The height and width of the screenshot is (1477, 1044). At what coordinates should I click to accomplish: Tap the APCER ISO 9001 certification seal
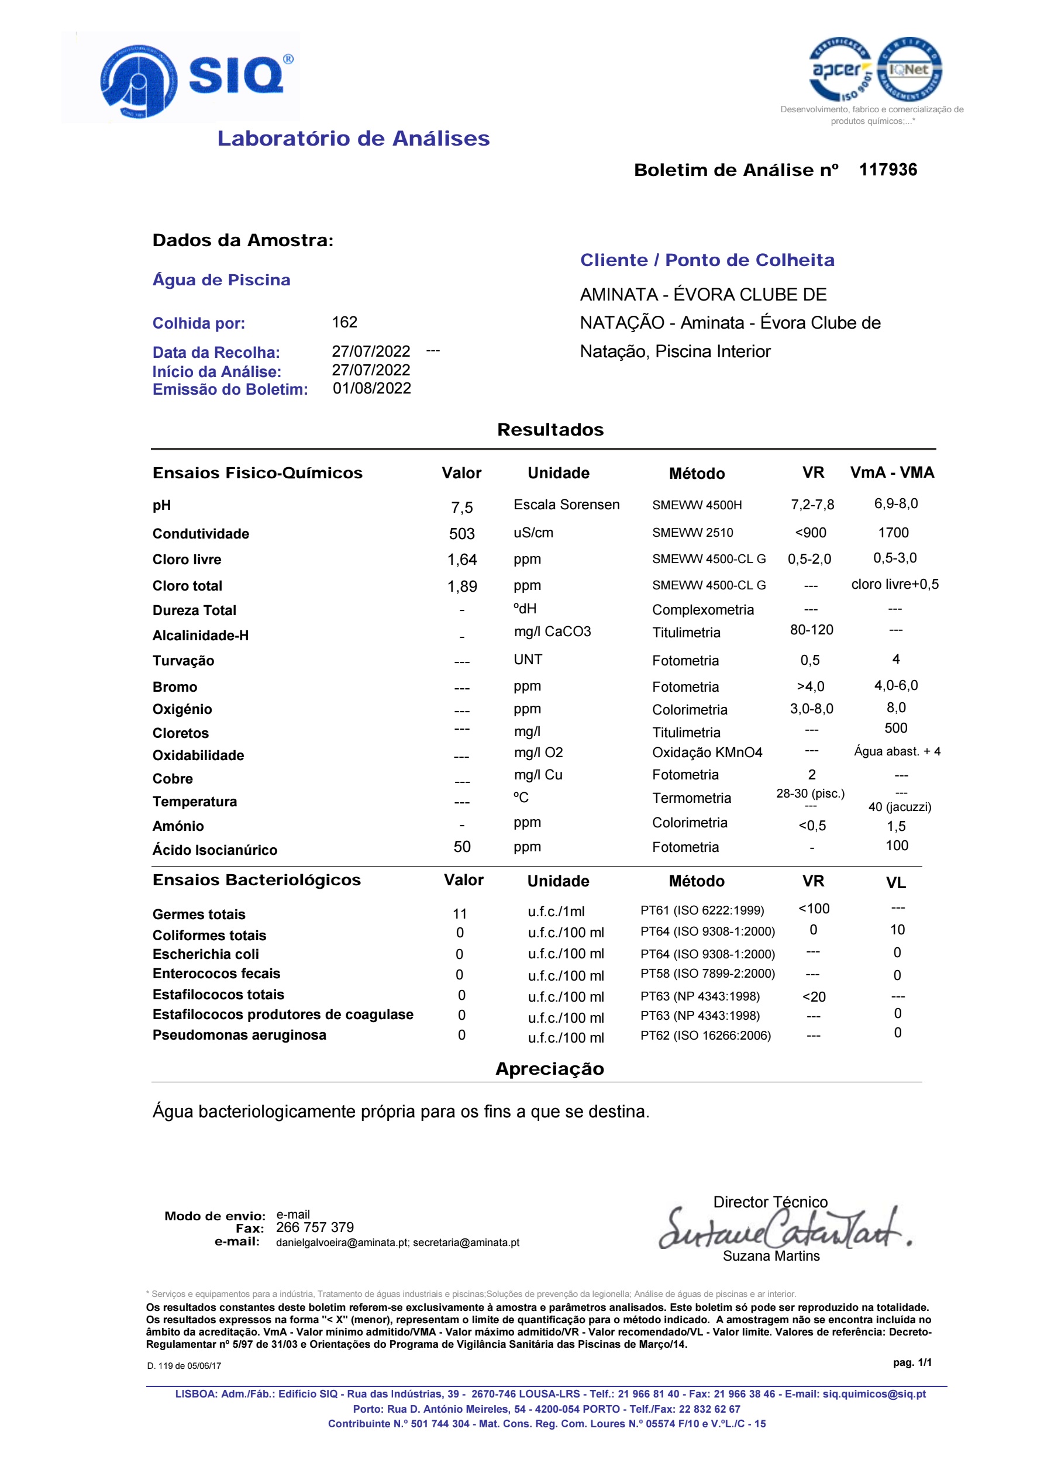pyautogui.click(x=840, y=70)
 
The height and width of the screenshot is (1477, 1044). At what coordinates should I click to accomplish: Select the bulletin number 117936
pyautogui.click(x=888, y=170)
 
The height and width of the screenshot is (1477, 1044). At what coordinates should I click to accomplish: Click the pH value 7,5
pyautogui.click(x=461, y=508)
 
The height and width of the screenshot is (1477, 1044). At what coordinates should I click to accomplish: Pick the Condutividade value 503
pyautogui.click(x=461, y=534)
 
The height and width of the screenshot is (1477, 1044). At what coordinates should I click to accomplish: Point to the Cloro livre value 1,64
pyautogui.click(x=461, y=560)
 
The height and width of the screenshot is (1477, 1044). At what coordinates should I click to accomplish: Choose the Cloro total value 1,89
pyautogui.click(x=461, y=586)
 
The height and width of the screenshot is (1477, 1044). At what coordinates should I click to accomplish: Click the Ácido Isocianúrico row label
pyautogui.click(x=214, y=850)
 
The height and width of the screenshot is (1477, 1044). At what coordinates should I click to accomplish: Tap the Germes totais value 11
pyautogui.click(x=460, y=913)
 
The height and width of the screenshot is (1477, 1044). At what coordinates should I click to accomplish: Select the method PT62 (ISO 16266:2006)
pyautogui.click(x=705, y=1035)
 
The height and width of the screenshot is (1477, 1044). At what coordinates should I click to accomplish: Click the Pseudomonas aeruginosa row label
pyautogui.click(x=239, y=1035)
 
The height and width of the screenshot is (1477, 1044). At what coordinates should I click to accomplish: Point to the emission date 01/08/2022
pyautogui.click(x=371, y=389)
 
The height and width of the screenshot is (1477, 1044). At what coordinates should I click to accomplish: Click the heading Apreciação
pyautogui.click(x=549, y=1068)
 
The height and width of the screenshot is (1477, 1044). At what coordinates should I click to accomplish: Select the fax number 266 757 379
pyautogui.click(x=315, y=1227)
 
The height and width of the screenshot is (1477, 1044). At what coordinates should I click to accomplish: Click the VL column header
pyautogui.click(x=895, y=882)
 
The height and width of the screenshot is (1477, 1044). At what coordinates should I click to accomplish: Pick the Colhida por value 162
pyautogui.click(x=344, y=322)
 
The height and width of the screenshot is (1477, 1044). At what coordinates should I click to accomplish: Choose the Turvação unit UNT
pyautogui.click(x=528, y=660)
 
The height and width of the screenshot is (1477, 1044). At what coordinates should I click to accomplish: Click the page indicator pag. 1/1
pyautogui.click(x=911, y=1362)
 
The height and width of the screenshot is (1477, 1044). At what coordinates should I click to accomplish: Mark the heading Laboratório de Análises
pyautogui.click(x=353, y=139)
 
